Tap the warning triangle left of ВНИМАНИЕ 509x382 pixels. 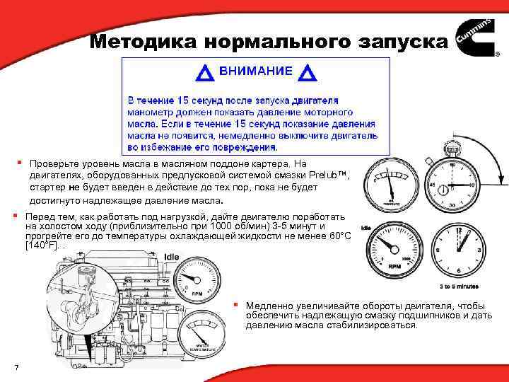tap(206, 72)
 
